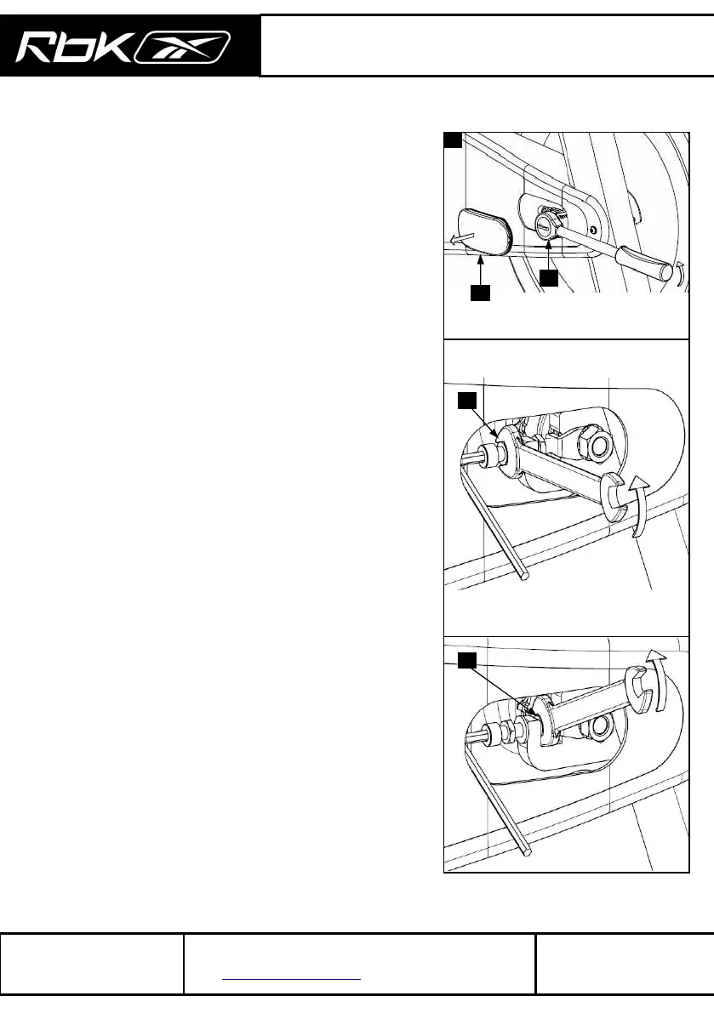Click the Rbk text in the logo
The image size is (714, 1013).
71,47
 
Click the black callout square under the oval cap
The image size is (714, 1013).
481,293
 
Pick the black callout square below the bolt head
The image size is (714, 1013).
549,278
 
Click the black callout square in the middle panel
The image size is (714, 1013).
466,401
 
